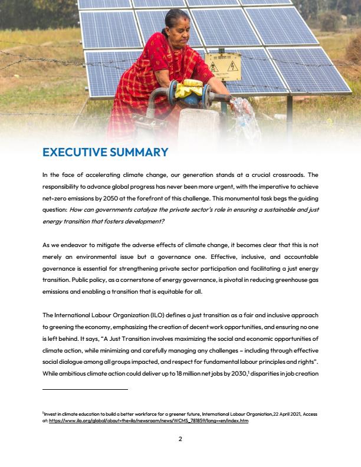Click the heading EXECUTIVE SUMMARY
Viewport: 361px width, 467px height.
[x=105, y=152]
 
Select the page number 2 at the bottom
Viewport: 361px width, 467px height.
[x=180, y=438]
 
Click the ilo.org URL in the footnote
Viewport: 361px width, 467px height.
[x=149, y=421]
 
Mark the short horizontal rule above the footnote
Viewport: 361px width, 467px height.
[x=85, y=389]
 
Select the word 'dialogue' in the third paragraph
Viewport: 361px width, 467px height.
[x=73, y=363]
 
